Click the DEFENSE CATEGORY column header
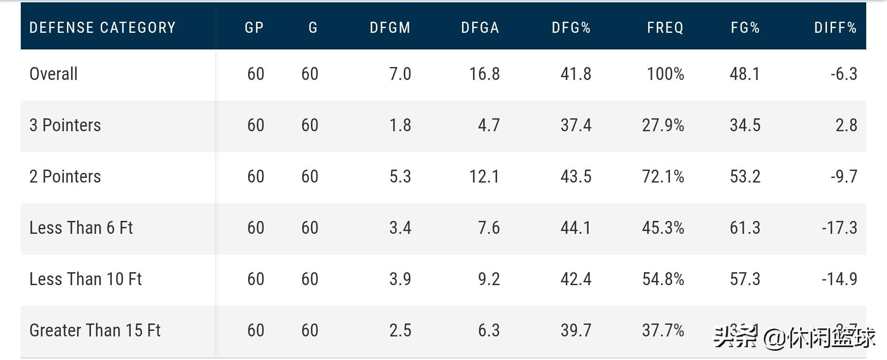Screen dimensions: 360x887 click(103, 28)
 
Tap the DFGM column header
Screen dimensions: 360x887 click(390, 28)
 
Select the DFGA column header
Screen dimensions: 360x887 click(480, 28)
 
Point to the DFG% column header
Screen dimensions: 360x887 click(571, 28)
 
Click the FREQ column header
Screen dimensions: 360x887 click(665, 28)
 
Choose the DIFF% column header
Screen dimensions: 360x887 click(835, 28)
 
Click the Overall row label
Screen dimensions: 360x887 click(54, 74)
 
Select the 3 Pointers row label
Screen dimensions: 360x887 click(65, 125)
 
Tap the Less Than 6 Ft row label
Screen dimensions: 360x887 click(81, 228)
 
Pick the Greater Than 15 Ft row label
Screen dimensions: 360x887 click(95, 330)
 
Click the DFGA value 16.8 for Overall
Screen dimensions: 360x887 click(484, 74)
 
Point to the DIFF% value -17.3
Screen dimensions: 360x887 click(839, 228)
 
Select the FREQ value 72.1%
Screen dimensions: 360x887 click(663, 177)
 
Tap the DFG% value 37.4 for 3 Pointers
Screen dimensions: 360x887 click(576, 125)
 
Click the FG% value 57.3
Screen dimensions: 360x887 click(745, 279)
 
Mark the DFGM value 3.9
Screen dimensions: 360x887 click(400, 279)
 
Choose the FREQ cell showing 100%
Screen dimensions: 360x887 click(665, 74)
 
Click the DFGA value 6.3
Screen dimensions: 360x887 click(489, 330)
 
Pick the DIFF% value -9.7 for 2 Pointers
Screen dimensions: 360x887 click(844, 177)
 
